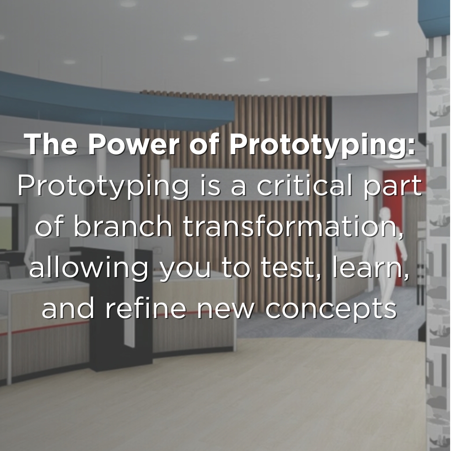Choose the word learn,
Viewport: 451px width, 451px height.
tap(370, 268)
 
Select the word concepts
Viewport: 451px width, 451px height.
tap(331, 310)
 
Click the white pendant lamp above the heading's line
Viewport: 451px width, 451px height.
tap(165, 171)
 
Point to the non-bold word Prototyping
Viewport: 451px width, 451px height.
tap(103, 187)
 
